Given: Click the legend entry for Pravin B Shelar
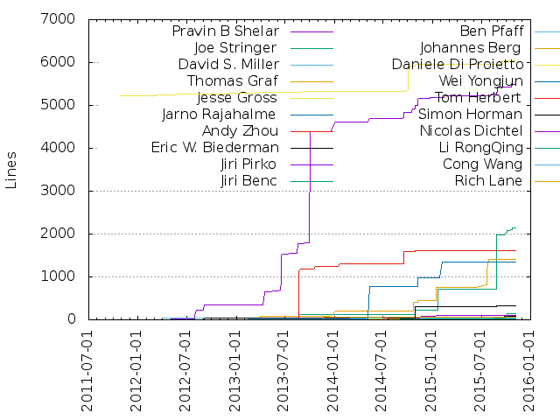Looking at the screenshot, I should click(x=224, y=31).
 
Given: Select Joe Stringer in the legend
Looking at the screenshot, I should click(x=235, y=47).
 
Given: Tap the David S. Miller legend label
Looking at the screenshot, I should click(x=227, y=64).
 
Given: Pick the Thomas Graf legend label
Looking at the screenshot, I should click(x=233, y=80).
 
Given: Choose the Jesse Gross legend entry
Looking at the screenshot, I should click(x=238, y=97).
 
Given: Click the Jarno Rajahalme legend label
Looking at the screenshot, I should click(x=220, y=114).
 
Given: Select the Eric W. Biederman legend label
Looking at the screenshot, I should click(x=214, y=147).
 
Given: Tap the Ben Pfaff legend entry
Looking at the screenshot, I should click(x=492, y=31).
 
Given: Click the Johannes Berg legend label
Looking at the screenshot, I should click(x=471, y=47).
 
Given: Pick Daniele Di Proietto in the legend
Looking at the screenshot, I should click(x=458, y=64).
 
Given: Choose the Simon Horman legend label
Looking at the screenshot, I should click(x=471, y=114).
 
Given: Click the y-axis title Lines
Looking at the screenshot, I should click(x=11, y=169).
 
